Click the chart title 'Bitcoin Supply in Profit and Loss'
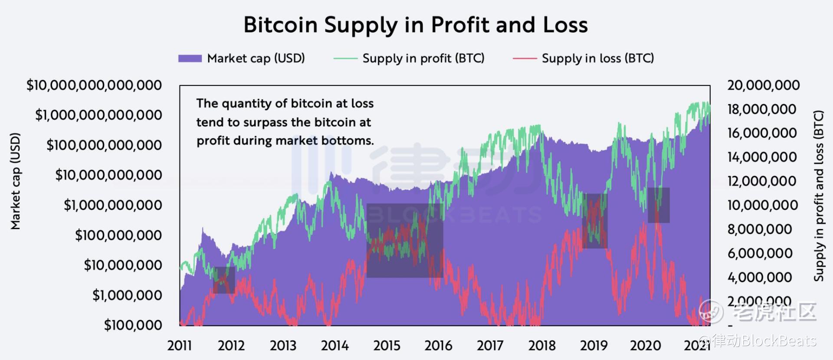(415, 25)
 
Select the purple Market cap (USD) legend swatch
(190, 59)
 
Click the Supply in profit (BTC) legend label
(423, 58)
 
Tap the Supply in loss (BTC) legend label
(597, 58)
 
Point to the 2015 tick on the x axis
(387, 346)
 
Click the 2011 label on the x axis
(179, 346)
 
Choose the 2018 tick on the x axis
(542, 346)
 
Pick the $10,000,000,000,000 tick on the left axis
(94, 85)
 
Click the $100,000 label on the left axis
(133, 325)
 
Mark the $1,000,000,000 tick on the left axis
(113, 205)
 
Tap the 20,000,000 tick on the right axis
(763, 85)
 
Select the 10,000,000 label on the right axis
(762, 205)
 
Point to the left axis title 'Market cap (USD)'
(16, 181)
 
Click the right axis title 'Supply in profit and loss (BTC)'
(818, 196)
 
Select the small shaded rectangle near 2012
(224, 280)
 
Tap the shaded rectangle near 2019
(594, 221)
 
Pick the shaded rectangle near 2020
(659, 205)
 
